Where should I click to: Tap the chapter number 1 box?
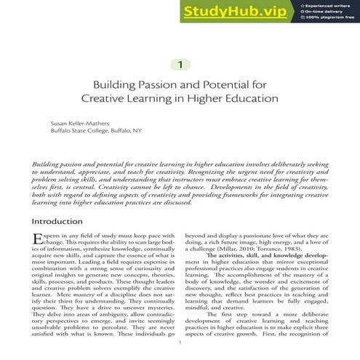click(180, 65)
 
